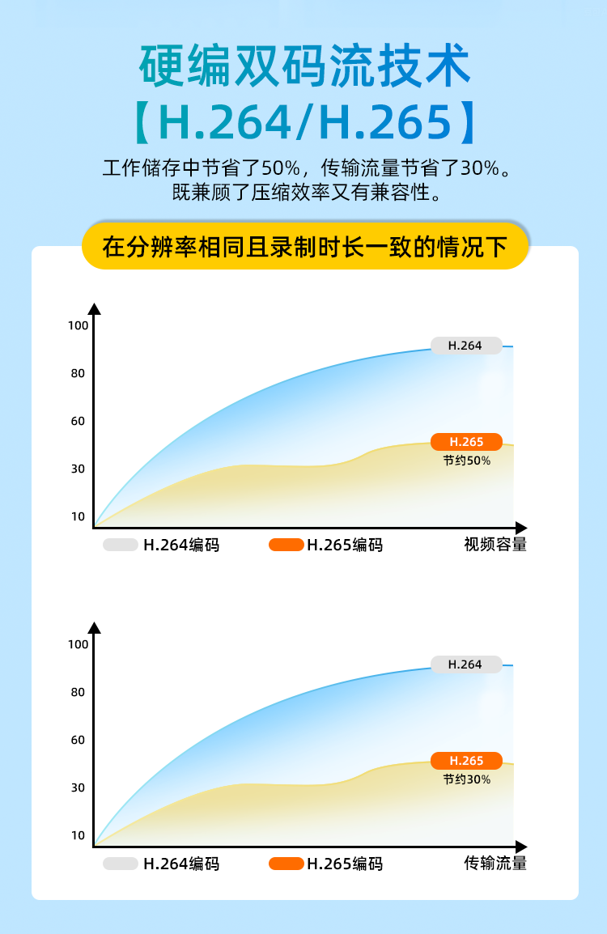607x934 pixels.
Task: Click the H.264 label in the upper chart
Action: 466,346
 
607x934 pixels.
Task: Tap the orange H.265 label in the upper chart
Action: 466,442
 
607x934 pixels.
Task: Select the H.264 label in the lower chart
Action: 466,664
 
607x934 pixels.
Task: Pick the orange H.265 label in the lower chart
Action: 466,761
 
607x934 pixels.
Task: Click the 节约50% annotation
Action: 467,461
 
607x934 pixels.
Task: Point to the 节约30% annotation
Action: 467,779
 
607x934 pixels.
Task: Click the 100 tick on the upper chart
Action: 78,325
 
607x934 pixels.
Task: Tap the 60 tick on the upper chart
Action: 78,421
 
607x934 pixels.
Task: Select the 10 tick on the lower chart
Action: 78,835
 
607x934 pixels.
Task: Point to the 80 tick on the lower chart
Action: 78,692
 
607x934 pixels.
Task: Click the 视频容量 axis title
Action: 495,545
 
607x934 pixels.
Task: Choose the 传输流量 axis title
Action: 495,864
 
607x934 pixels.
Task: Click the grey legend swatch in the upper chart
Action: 121,545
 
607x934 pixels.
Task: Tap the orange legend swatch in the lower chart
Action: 287,864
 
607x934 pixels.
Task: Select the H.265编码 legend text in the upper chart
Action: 345,545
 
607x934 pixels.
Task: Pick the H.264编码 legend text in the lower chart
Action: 181,864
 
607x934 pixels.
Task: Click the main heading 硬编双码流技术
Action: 304,66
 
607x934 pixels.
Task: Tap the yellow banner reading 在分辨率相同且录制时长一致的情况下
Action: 305,246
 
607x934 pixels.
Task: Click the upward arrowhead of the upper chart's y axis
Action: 95,309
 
